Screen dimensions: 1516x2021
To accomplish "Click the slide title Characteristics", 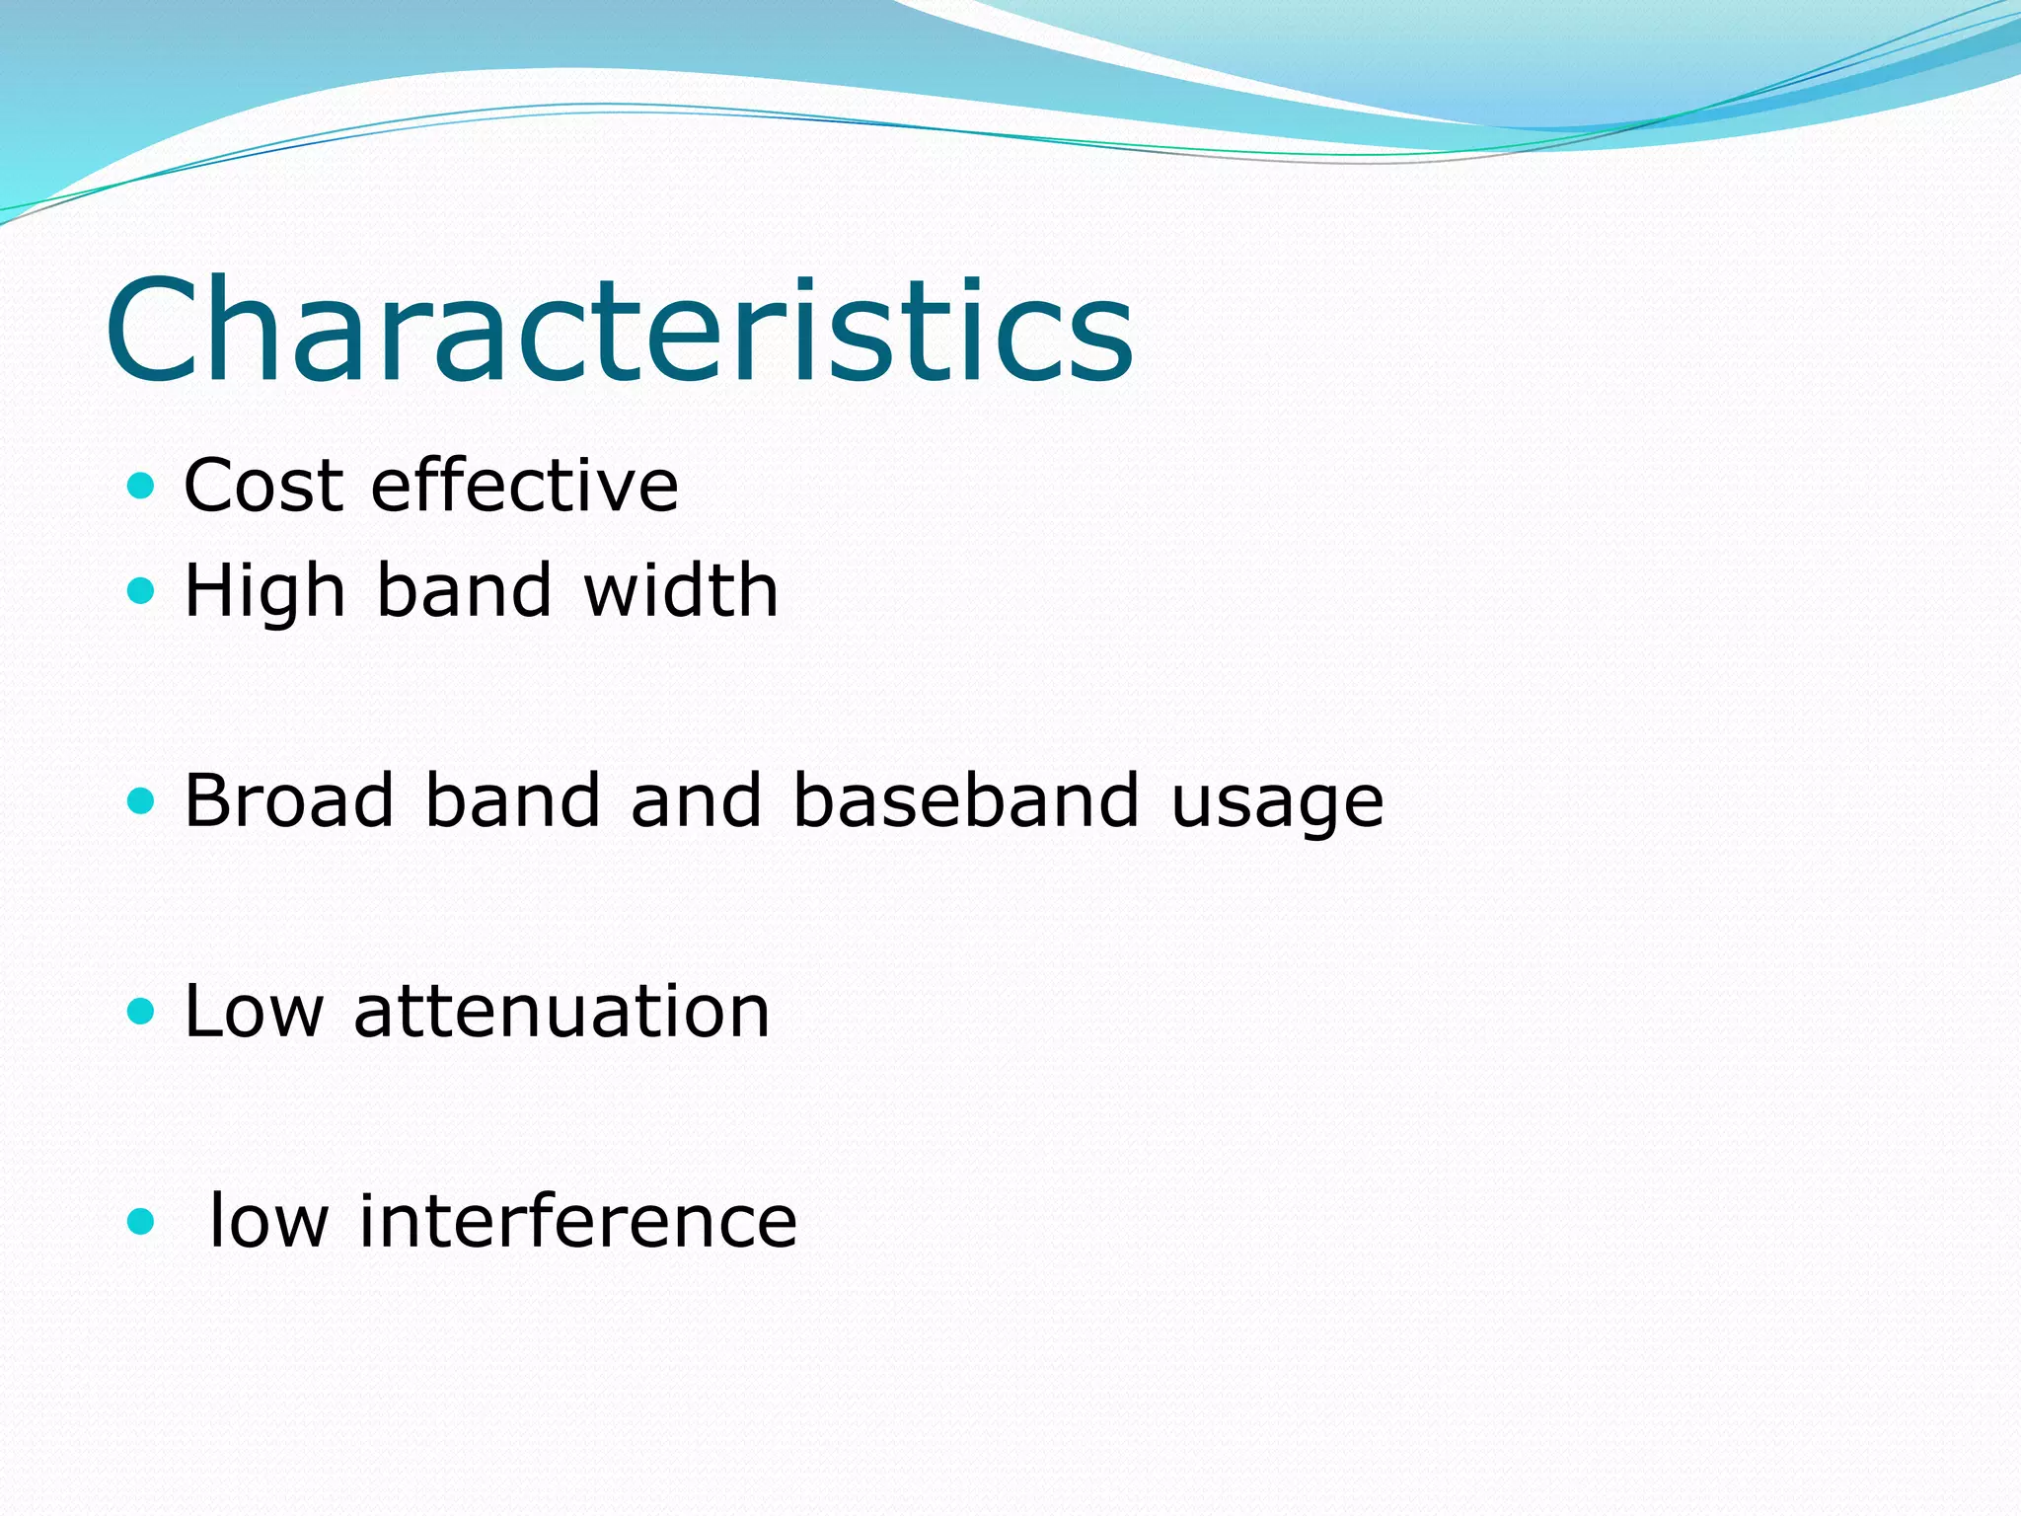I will [x=620, y=331].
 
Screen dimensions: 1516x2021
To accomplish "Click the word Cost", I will [x=262, y=486].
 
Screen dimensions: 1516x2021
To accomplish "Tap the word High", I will [x=264, y=592].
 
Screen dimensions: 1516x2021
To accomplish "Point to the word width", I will [x=681, y=590].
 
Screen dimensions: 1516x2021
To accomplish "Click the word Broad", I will [x=289, y=799].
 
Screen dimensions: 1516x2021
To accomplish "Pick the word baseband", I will [x=966, y=799].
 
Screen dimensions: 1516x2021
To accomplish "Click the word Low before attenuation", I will [x=254, y=1012].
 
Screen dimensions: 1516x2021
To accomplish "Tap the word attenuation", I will [x=561, y=1012].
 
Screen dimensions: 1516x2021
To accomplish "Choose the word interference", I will [x=577, y=1222].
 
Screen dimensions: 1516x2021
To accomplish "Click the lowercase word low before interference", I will [x=268, y=1222].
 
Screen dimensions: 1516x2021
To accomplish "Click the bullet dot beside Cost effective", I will [x=142, y=486].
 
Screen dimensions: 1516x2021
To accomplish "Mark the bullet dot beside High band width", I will [x=142, y=591].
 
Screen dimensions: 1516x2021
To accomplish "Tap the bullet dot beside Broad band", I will [x=142, y=800].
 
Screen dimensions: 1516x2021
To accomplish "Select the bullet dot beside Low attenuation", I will [x=142, y=1011].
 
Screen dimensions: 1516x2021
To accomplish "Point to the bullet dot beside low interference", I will [x=142, y=1222].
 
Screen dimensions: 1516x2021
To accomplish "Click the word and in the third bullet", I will [x=696, y=799].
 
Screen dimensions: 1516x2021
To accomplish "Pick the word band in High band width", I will [x=464, y=590].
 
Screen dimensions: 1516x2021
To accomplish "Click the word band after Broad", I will [x=511, y=799].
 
